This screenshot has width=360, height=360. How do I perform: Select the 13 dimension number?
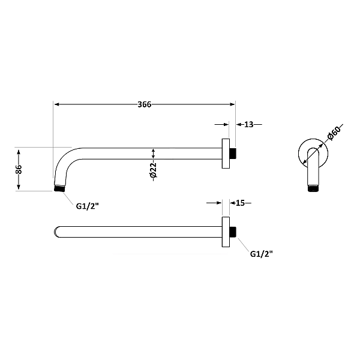(249, 124)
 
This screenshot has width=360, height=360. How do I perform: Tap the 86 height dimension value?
(19, 169)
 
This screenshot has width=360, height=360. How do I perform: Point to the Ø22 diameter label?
(154, 171)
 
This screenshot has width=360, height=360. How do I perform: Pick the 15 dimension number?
(240, 203)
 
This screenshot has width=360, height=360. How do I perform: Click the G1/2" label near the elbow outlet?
(87, 206)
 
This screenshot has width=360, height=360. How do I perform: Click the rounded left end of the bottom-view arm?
(57, 231)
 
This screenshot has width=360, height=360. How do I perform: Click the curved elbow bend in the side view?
(62, 159)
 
